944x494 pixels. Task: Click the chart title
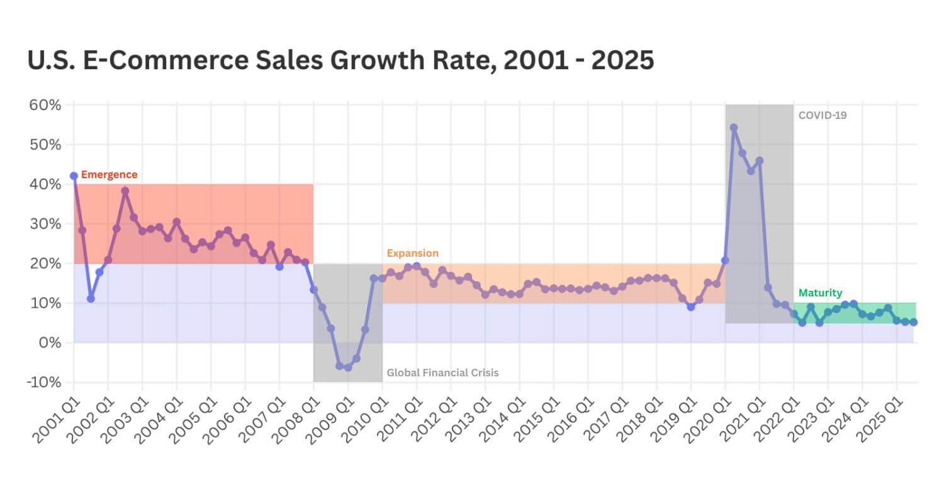coord(340,60)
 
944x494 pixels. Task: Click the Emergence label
coord(109,175)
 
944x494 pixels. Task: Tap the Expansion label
coord(412,253)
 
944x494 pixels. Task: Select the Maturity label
coord(820,293)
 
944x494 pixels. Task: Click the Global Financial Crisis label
coord(442,373)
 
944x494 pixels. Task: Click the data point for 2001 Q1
coord(74,176)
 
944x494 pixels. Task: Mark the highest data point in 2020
coord(734,128)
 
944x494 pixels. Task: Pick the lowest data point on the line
coord(347,368)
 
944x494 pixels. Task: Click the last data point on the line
coord(913,322)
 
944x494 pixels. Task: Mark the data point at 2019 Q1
coord(691,307)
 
